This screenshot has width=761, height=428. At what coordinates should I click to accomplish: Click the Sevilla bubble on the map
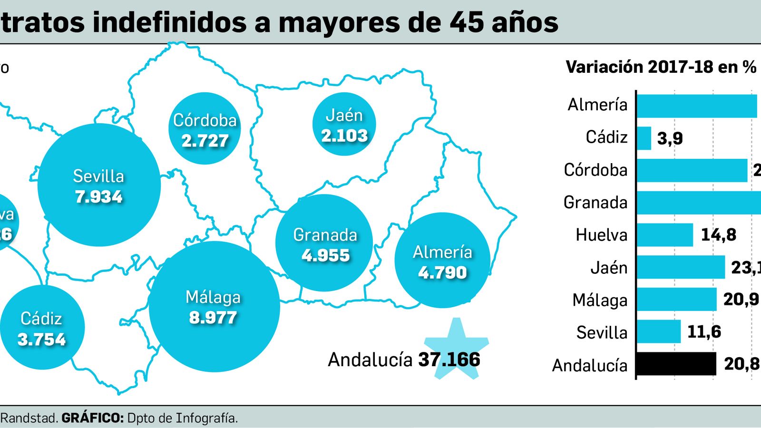[98, 185]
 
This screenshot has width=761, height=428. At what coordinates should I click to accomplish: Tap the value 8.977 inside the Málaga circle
[213, 318]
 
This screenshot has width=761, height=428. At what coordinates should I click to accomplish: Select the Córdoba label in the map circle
[205, 120]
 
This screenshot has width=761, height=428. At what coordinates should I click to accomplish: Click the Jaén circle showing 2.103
[344, 125]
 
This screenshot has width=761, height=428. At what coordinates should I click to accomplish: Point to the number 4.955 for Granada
[326, 255]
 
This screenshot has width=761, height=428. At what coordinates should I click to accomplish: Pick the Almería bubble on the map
[442, 261]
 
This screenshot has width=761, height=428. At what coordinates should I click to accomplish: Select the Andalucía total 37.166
[449, 360]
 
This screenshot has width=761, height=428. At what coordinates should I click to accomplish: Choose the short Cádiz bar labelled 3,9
[644, 138]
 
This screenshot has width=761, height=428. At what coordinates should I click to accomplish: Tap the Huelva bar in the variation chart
[664, 235]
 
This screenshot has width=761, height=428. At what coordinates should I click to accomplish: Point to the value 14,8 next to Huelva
[718, 235]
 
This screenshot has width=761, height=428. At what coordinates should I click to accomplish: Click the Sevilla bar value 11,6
[704, 331]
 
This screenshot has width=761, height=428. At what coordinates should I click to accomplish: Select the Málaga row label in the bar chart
[600, 300]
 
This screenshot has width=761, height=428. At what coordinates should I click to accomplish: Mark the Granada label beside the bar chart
[595, 203]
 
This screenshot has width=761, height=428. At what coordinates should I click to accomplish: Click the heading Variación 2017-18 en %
[661, 67]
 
